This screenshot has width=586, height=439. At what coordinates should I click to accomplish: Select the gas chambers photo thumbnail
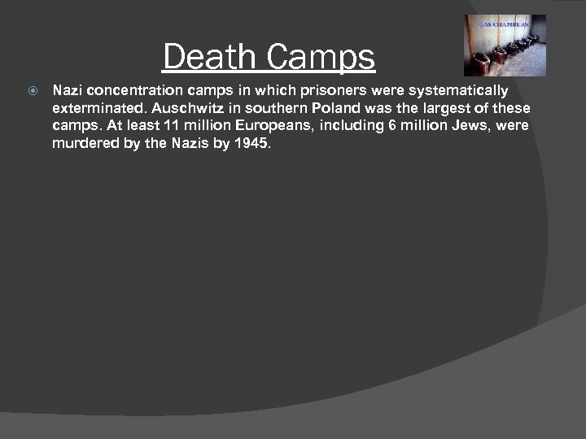[505, 46]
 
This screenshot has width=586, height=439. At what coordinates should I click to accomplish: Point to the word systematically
[461, 90]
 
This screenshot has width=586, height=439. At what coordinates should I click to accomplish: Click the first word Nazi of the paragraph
[68, 90]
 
